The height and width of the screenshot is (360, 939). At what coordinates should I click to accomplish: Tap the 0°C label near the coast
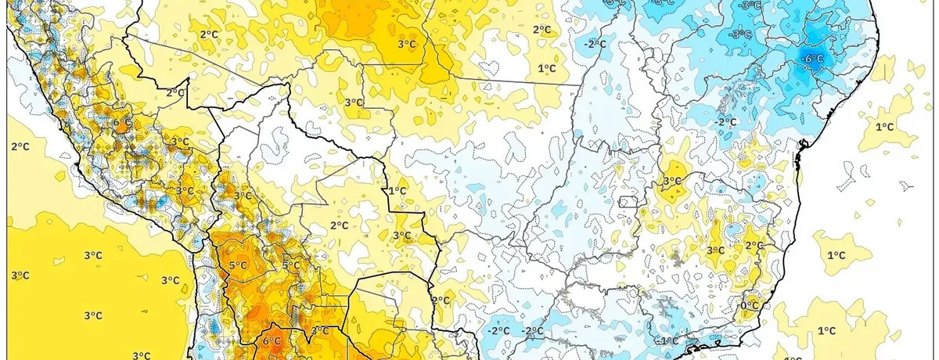[749, 304]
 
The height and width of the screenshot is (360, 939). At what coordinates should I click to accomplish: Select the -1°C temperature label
[667, 340]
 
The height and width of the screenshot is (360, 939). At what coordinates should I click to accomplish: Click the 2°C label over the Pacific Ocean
[20, 146]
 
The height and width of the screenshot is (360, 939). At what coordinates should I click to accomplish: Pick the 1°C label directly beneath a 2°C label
[547, 69]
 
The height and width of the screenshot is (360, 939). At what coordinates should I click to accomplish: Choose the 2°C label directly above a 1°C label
[542, 31]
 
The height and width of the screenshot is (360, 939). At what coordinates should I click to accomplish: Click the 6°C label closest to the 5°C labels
[271, 340]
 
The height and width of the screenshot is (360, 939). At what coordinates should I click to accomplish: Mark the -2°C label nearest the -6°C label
[726, 121]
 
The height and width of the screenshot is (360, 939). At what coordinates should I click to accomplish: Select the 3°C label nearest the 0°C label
[715, 250]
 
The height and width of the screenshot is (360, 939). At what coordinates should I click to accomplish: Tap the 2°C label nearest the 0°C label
[754, 246]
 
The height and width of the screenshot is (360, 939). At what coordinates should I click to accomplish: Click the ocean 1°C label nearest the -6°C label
[884, 127]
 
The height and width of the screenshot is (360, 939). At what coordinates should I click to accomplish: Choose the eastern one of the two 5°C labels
[291, 265]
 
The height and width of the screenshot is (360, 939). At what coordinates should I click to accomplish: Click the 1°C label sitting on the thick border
[398, 191]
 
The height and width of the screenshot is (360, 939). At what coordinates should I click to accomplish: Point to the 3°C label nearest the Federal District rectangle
[671, 182]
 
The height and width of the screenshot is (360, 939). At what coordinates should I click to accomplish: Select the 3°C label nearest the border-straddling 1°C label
[401, 236]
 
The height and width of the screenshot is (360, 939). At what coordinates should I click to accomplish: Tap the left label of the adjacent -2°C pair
[498, 330]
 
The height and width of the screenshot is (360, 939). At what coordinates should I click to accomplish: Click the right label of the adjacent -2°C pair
[534, 331]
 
